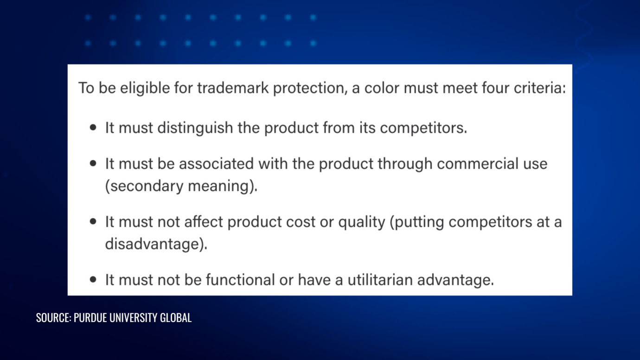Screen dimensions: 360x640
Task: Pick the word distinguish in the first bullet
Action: [x=195, y=128]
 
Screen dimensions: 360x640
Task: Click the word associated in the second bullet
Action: [x=216, y=164]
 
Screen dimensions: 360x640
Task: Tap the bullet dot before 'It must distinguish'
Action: [x=94, y=128]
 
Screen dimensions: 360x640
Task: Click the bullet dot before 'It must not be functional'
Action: [x=94, y=280]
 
